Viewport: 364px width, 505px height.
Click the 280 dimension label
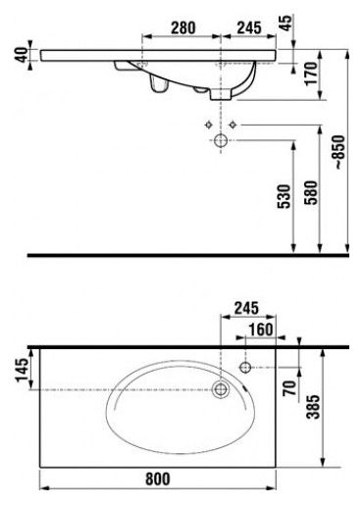(x=183, y=27)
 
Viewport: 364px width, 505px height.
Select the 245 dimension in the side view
(x=249, y=27)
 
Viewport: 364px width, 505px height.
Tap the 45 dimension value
(x=286, y=23)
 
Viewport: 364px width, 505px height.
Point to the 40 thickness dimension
(x=22, y=55)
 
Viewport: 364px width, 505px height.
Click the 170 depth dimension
(x=311, y=74)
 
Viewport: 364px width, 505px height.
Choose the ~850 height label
(x=339, y=152)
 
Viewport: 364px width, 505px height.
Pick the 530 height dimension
(x=284, y=196)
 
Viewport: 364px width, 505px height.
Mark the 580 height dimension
(x=311, y=192)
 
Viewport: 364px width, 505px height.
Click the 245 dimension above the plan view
(x=246, y=308)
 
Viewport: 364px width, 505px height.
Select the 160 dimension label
(x=261, y=329)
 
